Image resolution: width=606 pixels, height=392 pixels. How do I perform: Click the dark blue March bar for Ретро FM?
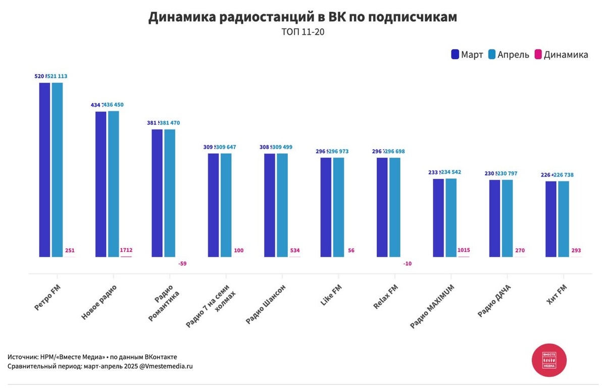coord(45,170)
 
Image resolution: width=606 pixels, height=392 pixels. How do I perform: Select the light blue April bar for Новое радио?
coord(113,184)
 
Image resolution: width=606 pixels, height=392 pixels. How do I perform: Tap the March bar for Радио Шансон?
coord(270,205)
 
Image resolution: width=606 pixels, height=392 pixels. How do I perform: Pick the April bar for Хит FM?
coord(563,218)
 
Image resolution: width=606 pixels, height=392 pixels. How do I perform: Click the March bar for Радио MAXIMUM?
coord(438,217)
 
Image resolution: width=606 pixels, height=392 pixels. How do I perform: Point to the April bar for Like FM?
coord(338,207)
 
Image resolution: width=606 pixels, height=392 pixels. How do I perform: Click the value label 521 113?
coord(57,76)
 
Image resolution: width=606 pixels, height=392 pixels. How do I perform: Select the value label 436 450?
coord(113,104)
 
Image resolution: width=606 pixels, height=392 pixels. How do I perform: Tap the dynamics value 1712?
coord(126,250)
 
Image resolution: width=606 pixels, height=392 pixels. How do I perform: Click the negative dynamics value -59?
coord(182,263)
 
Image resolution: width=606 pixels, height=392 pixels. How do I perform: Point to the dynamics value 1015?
coord(464,250)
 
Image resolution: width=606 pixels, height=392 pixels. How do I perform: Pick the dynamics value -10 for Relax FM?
coord(407,263)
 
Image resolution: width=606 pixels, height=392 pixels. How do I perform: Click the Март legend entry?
coord(467,54)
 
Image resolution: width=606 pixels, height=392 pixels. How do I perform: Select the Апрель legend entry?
coord(509,54)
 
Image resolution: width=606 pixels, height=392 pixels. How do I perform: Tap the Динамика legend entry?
coord(561,54)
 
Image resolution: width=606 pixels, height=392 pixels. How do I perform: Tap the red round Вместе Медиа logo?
coord(549,360)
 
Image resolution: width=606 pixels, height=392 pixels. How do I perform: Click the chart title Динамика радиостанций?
coord(302,17)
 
